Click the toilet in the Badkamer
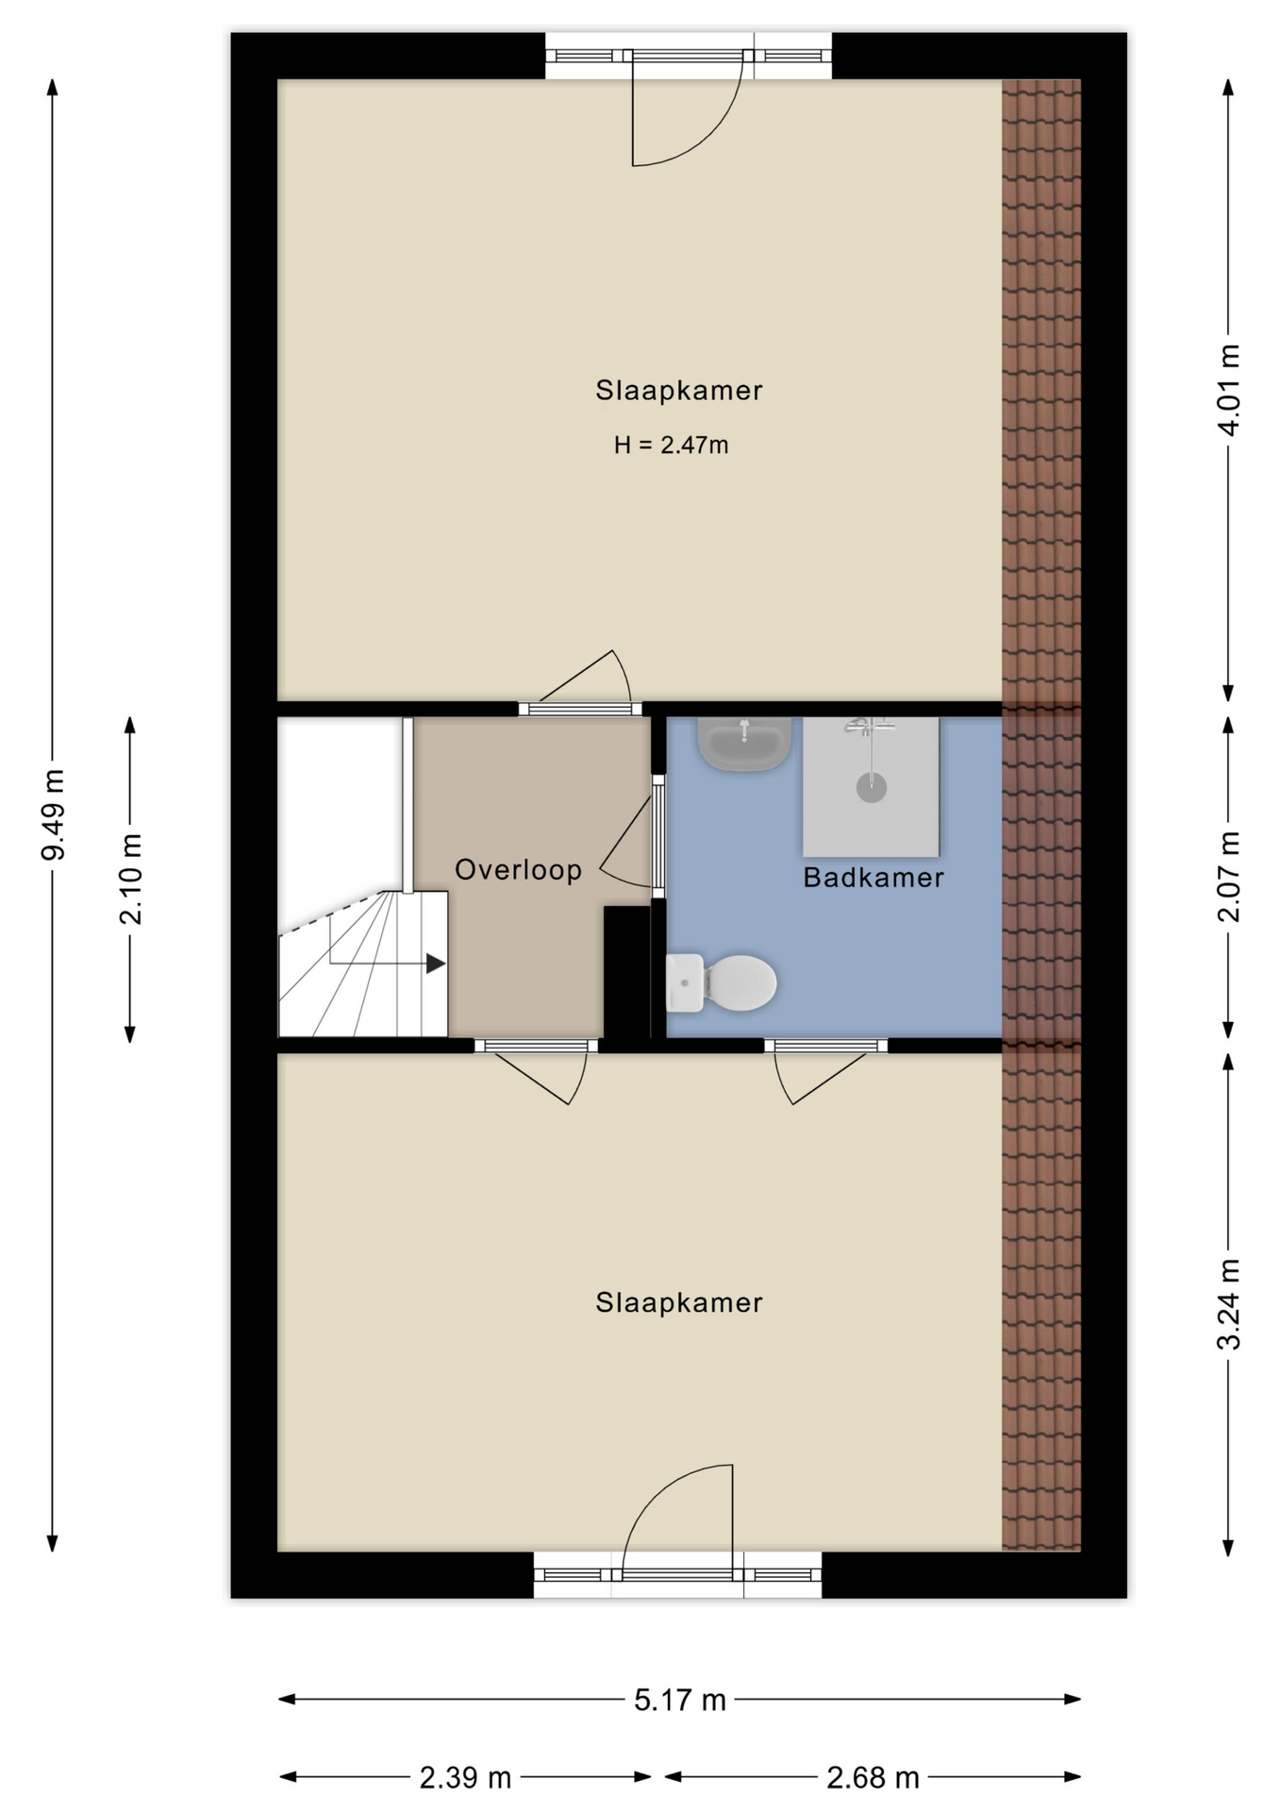[x=722, y=982]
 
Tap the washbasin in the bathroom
[x=744, y=743]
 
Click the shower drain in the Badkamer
[x=872, y=787]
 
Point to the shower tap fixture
[x=870, y=726]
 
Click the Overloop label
[x=519, y=869]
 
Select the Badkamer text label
[x=873, y=878]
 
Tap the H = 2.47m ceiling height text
[x=672, y=445]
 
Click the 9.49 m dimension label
[x=53, y=814]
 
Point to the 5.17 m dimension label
[x=680, y=1700]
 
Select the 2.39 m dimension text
[x=465, y=1778]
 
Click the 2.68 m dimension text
[x=873, y=1778]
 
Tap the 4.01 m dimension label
[x=1228, y=390]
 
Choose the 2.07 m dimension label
[x=1228, y=877]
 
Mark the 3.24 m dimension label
[x=1228, y=1304]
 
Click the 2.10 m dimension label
[x=130, y=880]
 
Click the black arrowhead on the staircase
[x=436, y=964]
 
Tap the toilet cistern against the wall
[x=685, y=982]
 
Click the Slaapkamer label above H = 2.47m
[x=679, y=390]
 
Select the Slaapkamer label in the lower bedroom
[x=679, y=1302]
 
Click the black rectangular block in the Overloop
[x=627, y=972]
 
